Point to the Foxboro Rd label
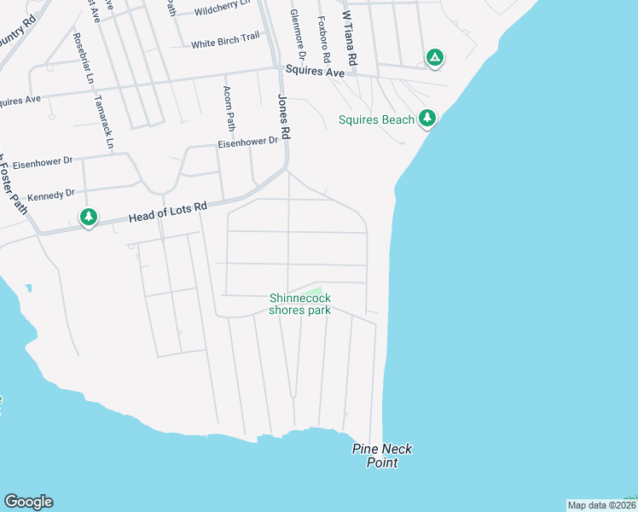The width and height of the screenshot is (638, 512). point(323,38)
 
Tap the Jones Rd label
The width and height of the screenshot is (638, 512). point(284,116)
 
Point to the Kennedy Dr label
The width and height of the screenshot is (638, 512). point(51,195)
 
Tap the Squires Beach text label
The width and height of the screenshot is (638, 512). point(376,119)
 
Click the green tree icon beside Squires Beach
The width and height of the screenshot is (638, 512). point(427,119)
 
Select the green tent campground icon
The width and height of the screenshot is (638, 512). point(434,57)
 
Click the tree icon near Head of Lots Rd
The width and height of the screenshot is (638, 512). point(89,218)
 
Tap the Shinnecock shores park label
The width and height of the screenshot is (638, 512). point(299,304)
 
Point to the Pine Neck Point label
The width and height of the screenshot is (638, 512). point(376,455)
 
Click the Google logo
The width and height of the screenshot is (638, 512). point(28,502)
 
